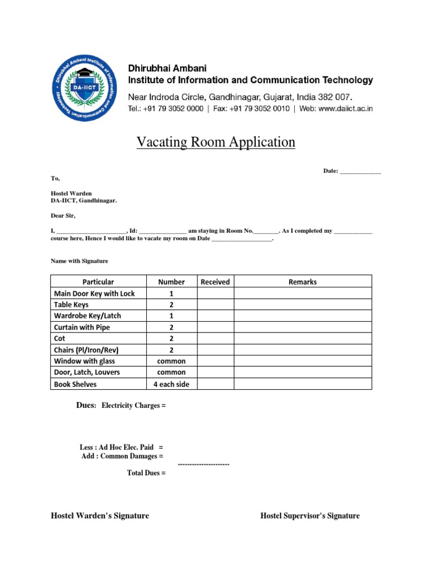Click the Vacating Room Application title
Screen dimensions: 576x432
coord(216,142)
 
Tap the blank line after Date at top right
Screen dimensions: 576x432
coord(361,172)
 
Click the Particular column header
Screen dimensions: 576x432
coord(98,282)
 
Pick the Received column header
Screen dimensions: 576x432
coord(215,282)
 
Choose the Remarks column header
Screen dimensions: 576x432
coord(303,282)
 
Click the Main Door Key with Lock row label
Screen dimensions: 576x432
coord(94,293)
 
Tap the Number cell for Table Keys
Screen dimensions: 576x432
coord(172,304)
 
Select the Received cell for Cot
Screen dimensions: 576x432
coord(215,339)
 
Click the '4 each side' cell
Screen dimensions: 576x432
coord(172,384)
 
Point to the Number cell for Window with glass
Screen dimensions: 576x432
coord(172,361)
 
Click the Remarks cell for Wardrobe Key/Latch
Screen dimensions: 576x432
coord(303,316)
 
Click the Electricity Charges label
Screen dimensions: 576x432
coord(133,406)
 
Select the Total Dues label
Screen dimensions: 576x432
coord(146,473)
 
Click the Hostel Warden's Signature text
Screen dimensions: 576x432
coord(100,516)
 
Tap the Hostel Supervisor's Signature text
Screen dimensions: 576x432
coord(310,516)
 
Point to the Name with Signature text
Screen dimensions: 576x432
coord(79,261)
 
